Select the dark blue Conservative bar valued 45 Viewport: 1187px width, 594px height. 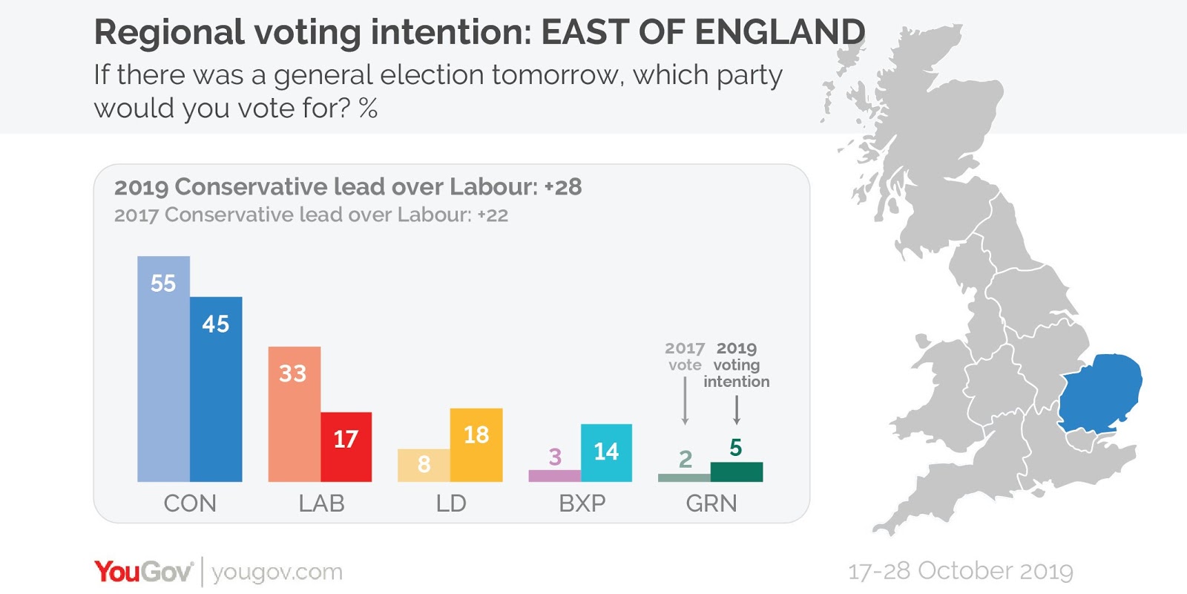coord(216,389)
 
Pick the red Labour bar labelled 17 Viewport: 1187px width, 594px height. coord(346,447)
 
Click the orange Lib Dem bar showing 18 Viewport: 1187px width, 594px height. coord(476,445)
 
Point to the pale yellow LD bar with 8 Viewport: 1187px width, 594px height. coord(424,466)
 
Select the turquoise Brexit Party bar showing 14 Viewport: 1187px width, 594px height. coord(606,453)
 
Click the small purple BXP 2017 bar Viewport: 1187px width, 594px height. coord(554,475)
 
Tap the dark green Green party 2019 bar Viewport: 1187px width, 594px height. coord(736,472)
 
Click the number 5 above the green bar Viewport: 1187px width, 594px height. coord(735,448)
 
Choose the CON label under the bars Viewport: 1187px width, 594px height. coord(190,503)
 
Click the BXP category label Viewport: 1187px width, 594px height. coord(582,503)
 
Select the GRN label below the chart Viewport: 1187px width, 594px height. coord(711,503)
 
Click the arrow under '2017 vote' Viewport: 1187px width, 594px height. coord(685,401)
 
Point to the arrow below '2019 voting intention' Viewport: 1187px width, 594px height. coord(736,410)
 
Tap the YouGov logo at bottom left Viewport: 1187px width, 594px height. coord(142,572)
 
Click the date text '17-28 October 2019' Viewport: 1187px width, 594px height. coord(960,571)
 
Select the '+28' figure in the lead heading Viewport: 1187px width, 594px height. coord(563,187)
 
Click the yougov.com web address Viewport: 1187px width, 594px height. coord(277,572)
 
